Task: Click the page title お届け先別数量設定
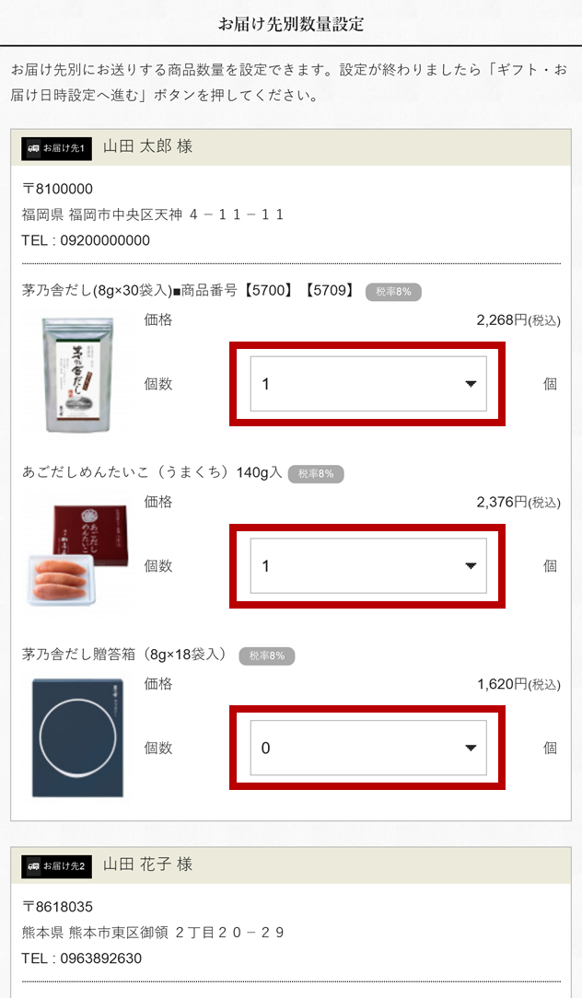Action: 291,24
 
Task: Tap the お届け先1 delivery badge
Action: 56,148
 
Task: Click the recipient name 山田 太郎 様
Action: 148,147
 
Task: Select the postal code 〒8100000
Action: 57,189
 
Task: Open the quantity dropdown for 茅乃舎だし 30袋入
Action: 368,384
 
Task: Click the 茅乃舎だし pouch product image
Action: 76,375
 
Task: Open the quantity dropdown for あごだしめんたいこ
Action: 368,566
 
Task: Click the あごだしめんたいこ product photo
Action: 76,555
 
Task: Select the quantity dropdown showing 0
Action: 368,748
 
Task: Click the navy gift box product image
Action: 76,737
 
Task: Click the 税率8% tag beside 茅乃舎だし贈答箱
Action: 267,656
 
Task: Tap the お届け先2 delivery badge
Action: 56,866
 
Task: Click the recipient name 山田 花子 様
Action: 148,865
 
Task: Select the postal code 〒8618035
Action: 57,907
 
